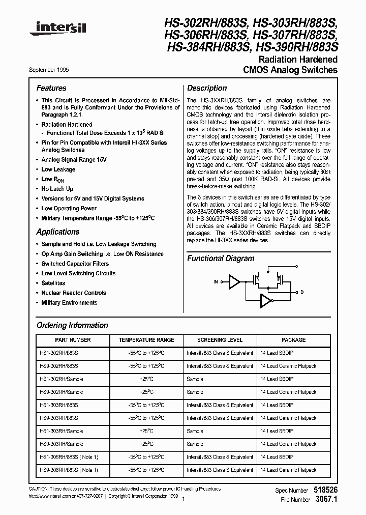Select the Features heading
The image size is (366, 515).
pyautogui.click(x=51, y=88)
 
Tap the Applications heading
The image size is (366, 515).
pyautogui.click(x=58, y=232)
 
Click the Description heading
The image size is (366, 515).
pyautogui.click(x=207, y=88)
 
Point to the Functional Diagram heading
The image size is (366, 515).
pyautogui.click(x=221, y=259)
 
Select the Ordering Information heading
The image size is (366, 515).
pyautogui.click(x=72, y=325)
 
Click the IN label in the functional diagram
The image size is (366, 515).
pyautogui.click(x=216, y=281)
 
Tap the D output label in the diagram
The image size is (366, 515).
pyautogui.click(x=302, y=292)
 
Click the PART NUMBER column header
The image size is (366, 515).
pyautogui.click(x=73, y=340)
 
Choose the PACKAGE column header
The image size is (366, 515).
pyautogui.click(x=293, y=340)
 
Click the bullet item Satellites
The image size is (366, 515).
pyautogui.click(x=53, y=283)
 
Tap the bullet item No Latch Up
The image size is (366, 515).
pyautogui.click(x=57, y=189)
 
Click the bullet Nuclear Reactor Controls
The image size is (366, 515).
pyautogui.click(x=74, y=293)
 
